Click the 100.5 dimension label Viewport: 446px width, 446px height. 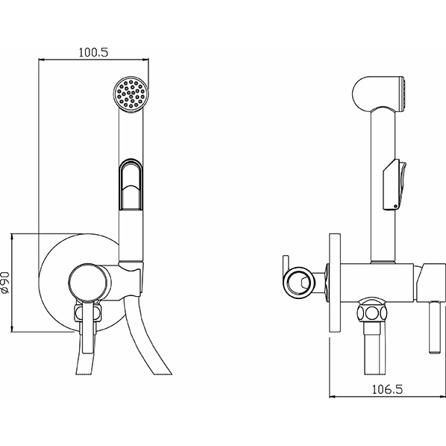93,52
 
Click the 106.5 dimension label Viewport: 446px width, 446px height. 387,389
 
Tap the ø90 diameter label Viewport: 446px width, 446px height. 5,283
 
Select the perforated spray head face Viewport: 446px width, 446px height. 131,93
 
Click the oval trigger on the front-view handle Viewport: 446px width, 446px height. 131,185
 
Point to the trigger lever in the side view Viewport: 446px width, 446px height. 395,185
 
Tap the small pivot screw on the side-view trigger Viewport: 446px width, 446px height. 395,206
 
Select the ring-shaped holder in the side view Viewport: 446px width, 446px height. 299,283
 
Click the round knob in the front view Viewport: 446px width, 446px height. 89,282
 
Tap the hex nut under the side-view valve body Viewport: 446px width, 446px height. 372,313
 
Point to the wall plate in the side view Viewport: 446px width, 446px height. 335,283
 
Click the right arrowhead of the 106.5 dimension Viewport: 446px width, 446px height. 442,396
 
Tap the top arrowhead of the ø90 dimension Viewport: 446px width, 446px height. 12,237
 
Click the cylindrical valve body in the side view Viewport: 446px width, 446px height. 377,282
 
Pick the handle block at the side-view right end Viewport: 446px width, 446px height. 430,282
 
